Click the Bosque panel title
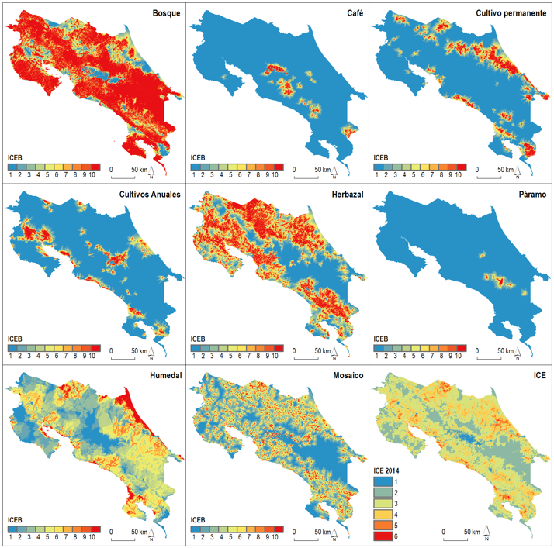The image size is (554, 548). pyautogui.click(x=164, y=14)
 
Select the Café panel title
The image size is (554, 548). pyautogui.click(x=353, y=14)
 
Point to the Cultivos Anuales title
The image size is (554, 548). pyautogui.click(x=147, y=194)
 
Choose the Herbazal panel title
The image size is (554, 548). pyautogui.click(x=343, y=194)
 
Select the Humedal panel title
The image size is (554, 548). pyautogui.click(x=158, y=376)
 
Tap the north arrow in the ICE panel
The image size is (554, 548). pyautogui.click(x=487, y=533)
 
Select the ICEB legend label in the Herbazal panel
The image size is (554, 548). pyautogui.click(x=199, y=338)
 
